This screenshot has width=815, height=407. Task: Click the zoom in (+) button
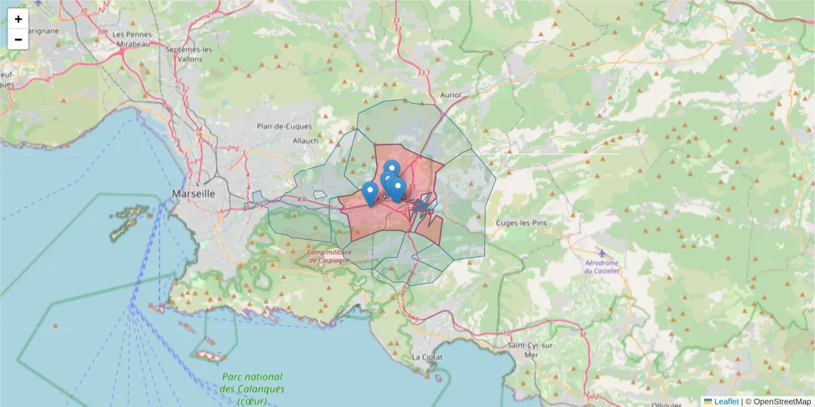(18, 19)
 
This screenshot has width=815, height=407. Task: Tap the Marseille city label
(194, 193)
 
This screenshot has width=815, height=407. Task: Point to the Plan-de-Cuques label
(284, 126)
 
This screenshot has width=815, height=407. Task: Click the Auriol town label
(450, 96)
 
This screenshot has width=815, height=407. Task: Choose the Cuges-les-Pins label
(522, 222)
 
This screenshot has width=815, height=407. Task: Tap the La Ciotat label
(427, 357)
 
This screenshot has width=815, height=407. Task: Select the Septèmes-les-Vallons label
(191, 54)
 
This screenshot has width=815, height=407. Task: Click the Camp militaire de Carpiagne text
(328, 256)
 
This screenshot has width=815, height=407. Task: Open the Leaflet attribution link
(726, 402)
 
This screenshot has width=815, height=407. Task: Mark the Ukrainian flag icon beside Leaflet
(708, 402)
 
